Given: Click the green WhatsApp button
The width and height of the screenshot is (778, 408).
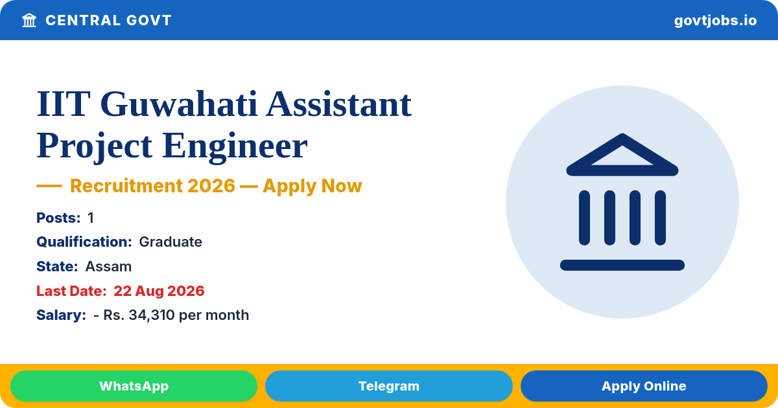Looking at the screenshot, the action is tap(134, 386).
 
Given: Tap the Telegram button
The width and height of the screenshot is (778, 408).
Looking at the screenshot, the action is tap(388, 386).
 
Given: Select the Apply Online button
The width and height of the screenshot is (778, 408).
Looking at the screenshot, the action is tap(644, 386).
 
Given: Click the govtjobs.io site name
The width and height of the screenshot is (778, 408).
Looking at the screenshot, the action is tap(716, 21).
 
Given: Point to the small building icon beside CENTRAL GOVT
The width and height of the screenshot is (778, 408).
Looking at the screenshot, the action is tap(29, 21).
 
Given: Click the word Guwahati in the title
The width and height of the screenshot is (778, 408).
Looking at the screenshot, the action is tap(179, 104).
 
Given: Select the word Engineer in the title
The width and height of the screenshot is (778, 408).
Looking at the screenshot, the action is tap(235, 146).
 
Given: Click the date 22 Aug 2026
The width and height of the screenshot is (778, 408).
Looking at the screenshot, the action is tap(159, 291).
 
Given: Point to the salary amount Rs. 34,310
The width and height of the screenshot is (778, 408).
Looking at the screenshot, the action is tap(139, 315).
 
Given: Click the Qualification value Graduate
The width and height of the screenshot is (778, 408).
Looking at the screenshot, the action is tap(171, 242).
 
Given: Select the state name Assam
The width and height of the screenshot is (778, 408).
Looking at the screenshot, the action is tap(108, 266).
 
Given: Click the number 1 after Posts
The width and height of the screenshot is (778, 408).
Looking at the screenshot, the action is tap(91, 218).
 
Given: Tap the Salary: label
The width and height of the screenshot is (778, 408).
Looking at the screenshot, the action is tap(61, 315).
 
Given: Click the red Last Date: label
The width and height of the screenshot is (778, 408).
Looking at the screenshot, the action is tap(71, 291).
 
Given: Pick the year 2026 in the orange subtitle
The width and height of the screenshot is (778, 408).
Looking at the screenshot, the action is tap(211, 186).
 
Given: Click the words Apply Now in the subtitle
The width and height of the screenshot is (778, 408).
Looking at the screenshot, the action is tap(312, 186).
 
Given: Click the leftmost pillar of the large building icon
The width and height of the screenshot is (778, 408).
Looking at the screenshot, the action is tap(584, 218).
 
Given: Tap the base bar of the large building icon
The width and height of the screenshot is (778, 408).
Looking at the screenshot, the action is tap(622, 265).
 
